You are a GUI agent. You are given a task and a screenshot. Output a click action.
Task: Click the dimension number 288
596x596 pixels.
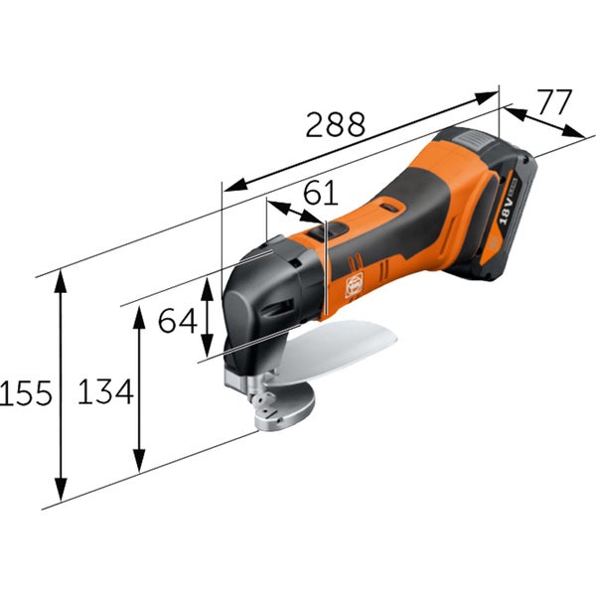[335, 125]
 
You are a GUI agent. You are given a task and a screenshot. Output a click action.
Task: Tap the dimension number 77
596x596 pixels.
[555, 102]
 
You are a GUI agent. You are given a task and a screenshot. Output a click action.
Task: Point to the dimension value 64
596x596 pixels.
[178, 321]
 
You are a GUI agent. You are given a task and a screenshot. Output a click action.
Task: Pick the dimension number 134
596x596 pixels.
[105, 393]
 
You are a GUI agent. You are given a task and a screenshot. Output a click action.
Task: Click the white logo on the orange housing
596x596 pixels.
[354, 285]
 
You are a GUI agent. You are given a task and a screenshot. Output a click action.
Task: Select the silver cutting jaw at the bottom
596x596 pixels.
[283, 407]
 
